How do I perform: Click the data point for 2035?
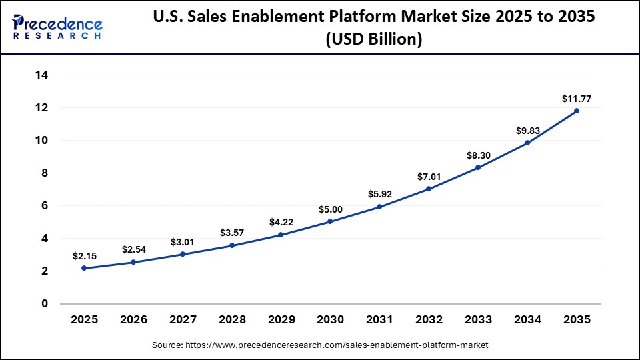click(577, 111)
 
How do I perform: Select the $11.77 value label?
click(577, 99)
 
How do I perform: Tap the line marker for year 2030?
click(330, 221)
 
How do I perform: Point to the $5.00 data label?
click(330, 209)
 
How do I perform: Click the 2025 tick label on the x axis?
click(84, 320)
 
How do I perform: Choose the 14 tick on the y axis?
click(41, 75)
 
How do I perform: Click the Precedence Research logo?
click(57, 26)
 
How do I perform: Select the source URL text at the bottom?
click(320, 345)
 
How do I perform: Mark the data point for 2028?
click(231, 245)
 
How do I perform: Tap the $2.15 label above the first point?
click(84, 256)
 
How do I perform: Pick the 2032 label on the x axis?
click(429, 320)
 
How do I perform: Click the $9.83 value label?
click(527, 131)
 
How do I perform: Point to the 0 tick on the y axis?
click(45, 304)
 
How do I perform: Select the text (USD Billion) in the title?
click(374, 39)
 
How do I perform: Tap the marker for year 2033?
click(478, 167)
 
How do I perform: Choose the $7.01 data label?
click(429, 177)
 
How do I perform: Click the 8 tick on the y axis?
click(45, 173)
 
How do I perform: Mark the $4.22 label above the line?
click(281, 223)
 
